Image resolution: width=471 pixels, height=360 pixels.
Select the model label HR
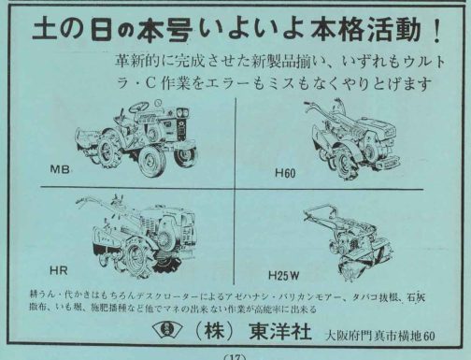57,269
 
